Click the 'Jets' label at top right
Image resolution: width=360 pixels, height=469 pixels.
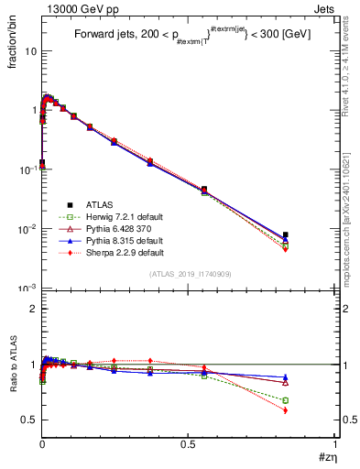322,8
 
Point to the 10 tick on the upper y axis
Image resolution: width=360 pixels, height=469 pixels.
31,50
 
